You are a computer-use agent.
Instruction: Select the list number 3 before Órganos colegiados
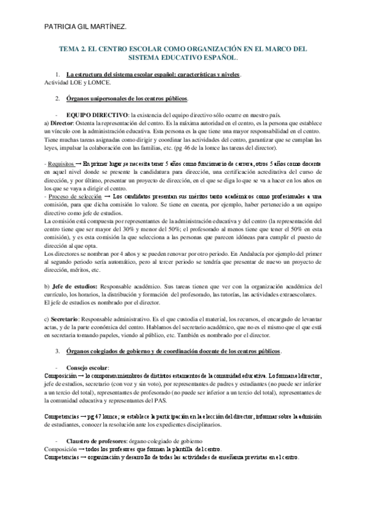(57, 351)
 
